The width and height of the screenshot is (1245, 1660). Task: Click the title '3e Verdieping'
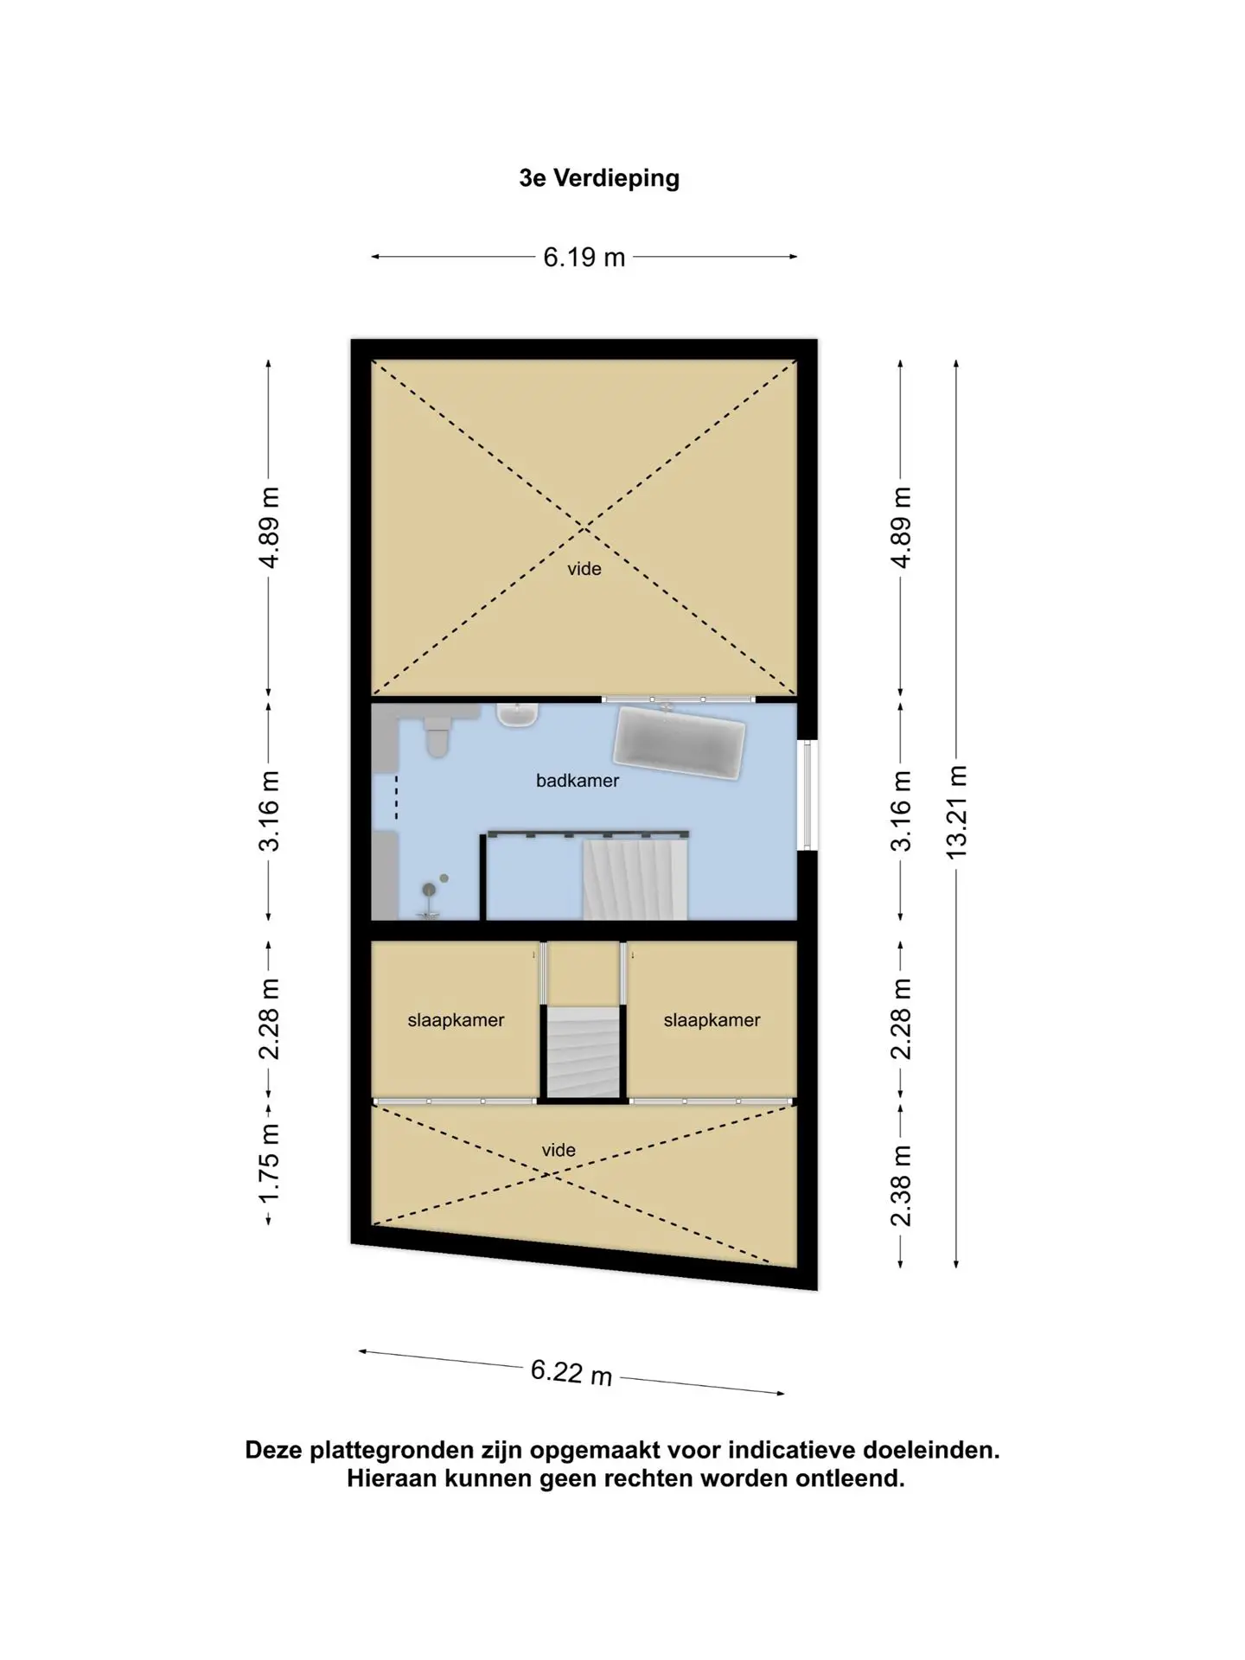pyautogui.click(x=599, y=178)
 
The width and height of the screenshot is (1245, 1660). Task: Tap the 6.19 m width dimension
pyautogui.click(x=584, y=258)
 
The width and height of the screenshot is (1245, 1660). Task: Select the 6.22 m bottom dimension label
pyautogui.click(x=571, y=1371)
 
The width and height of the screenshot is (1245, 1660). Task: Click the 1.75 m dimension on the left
pyautogui.click(x=269, y=1162)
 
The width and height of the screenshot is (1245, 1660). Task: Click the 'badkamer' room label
pyautogui.click(x=578, y=781)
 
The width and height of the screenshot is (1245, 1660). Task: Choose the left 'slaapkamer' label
pyautogui.click(x=456, y=1020)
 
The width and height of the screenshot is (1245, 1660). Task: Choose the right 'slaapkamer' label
pyautogui.click(x=712, y=1020)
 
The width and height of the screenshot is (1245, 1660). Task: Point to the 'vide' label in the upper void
pyautogui.click(x=584, y=569)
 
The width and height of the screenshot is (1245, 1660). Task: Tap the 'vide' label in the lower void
pyautogui.click(x=559, y=1150)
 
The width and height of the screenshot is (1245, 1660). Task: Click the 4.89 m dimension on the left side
pyautogui.click(x=269, y=527)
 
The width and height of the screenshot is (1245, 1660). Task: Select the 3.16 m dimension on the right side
pyautogui.click(x=901, y=810)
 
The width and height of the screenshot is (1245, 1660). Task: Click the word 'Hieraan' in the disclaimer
pyautogui.click(x=392, y=1478)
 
